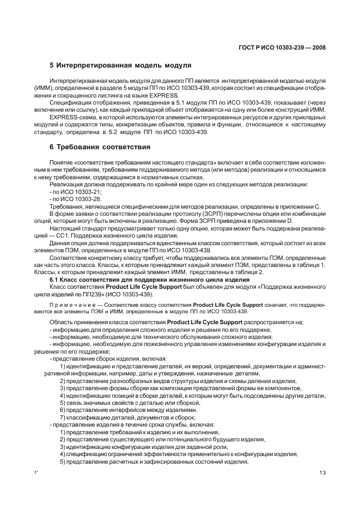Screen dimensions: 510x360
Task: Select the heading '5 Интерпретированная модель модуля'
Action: point(120,65)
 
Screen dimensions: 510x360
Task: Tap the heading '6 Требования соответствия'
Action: point(100,147)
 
